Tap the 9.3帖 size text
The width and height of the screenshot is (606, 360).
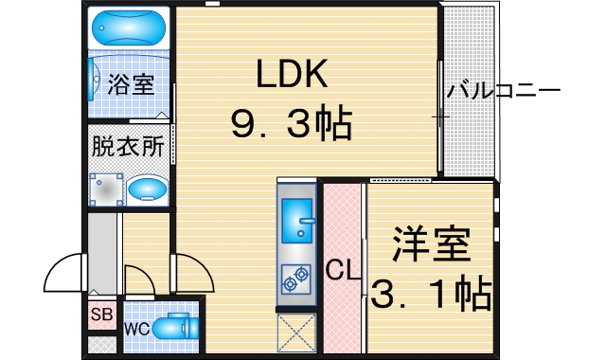coord(289,122)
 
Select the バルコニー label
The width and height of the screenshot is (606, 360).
coord(504,93)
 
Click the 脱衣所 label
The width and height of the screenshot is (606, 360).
coord(128,147)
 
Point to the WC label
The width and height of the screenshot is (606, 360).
coord(134,330)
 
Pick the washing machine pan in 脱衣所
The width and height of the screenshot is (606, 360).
coord(107,189)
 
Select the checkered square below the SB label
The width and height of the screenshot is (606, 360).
coord(101,344)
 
